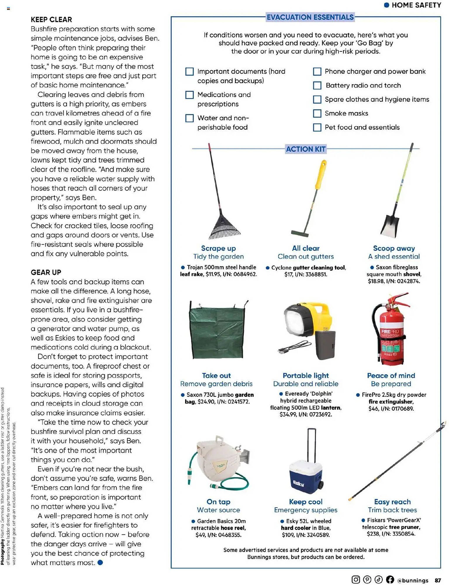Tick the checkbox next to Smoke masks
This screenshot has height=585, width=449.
click(317, 113)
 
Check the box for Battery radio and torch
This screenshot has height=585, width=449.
click(317, 85)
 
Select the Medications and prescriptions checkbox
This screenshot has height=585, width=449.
click(189, 95)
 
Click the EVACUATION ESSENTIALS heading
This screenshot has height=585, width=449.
click(310, 17)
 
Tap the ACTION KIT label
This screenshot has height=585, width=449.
click(305, 149)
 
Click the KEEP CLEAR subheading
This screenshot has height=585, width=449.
click(51, 20)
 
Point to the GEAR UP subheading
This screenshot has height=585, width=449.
click(46, 272)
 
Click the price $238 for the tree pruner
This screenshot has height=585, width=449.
click(373, 534)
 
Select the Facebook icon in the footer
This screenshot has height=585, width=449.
click(390, 579)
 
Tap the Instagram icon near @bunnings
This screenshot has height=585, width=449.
click(355, 579)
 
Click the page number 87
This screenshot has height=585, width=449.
click(438, 580)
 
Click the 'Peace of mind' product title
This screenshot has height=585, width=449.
click(391, 376)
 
